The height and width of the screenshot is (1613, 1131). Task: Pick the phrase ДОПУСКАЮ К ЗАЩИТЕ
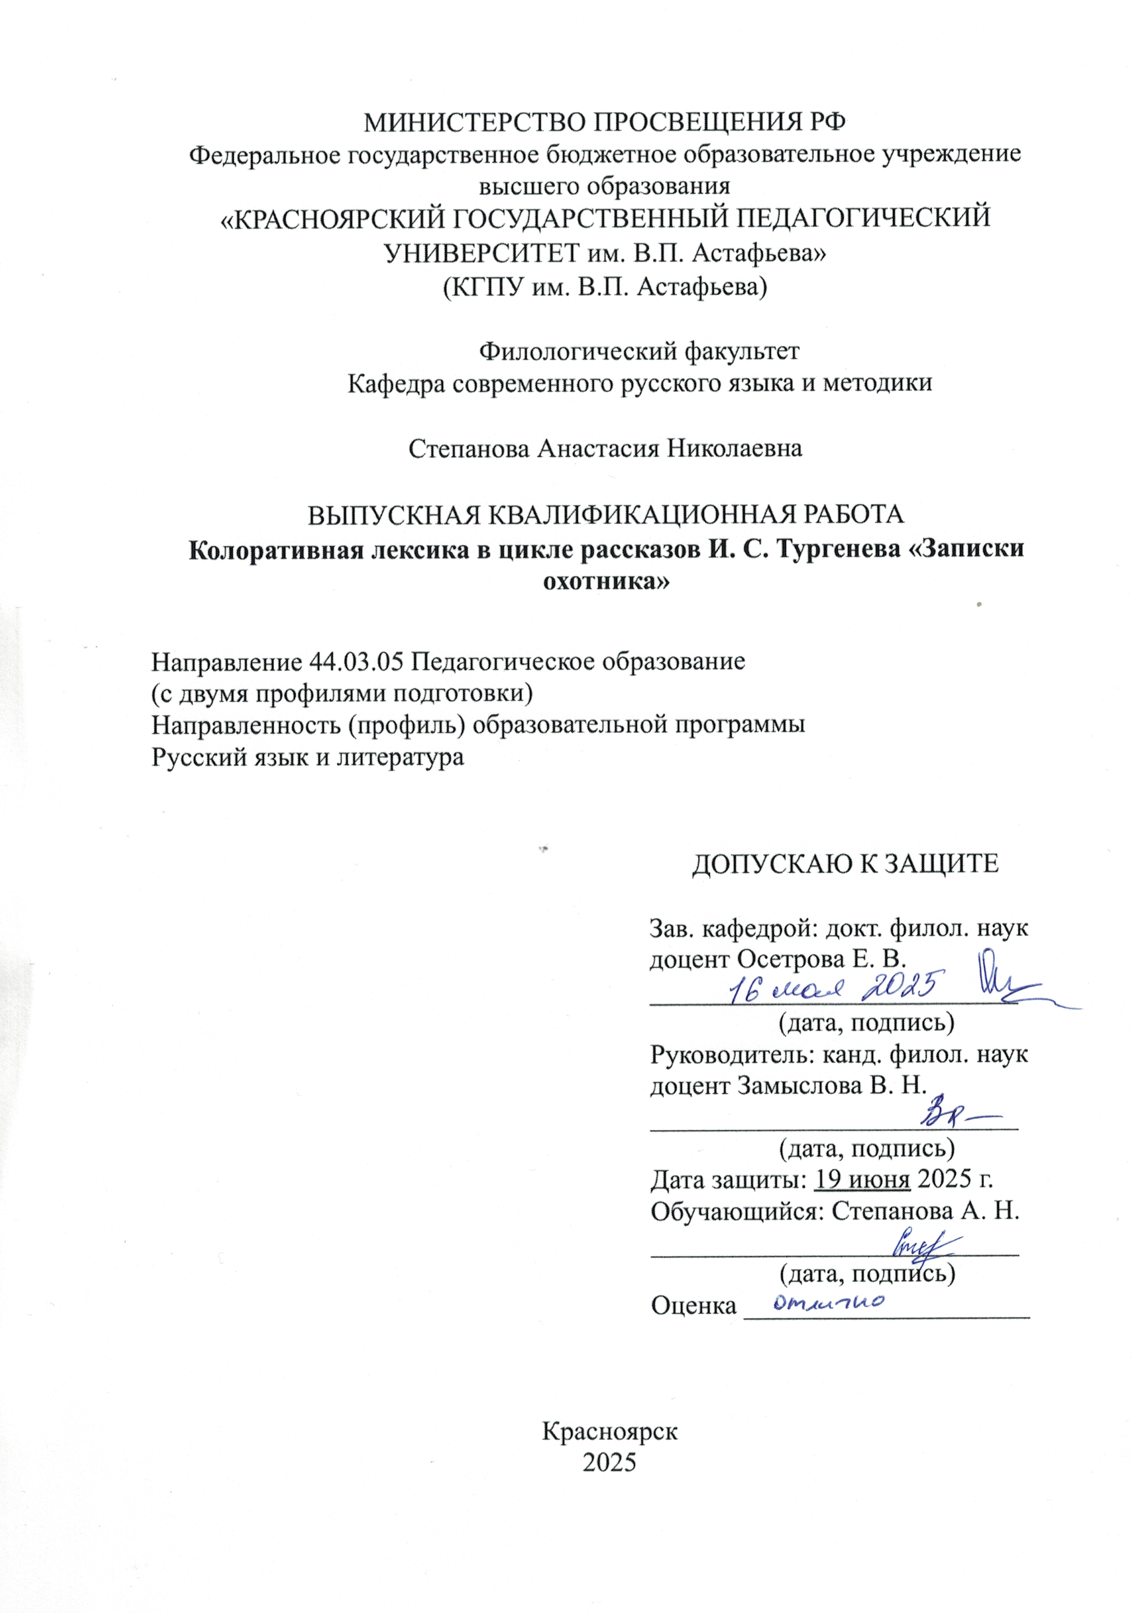point(845,863)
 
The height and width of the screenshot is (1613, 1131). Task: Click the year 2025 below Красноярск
point(609,1462)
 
